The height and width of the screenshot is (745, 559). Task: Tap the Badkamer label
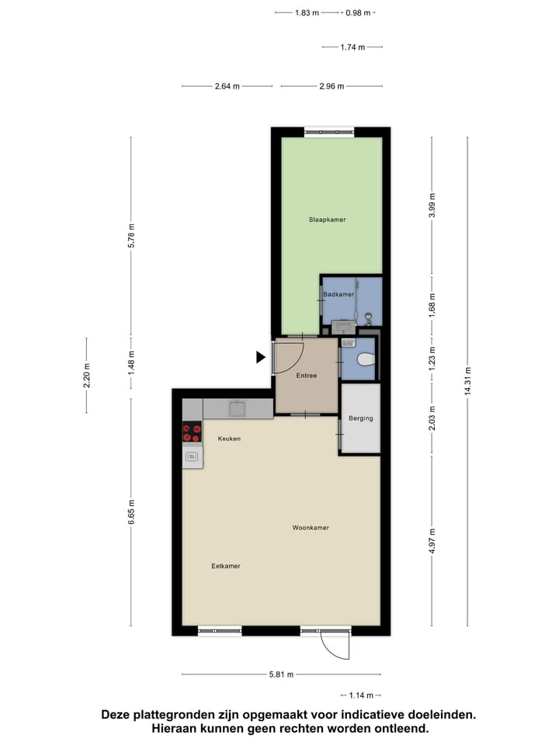pyautogui.click(x=339, y=294)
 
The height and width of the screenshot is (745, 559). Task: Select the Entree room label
pyautogui.click(x=307, y=376)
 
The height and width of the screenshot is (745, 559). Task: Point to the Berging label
pyautogui.click(x=360, y=418)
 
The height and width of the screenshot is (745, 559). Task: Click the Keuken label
pyautogui.click(x=229, y=438)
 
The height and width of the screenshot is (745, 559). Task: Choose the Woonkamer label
pyautogui.click(x=311, y=528)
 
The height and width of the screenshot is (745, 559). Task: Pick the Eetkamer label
pyautogui.click(x=226, y=566)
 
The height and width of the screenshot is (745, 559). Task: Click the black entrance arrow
pyautogui.click(x=261, y=357)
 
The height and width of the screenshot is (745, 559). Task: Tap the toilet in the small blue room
pyautogui.click(x=364, y=359)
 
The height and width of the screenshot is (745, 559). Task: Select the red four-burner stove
pyautogui.click(x=192, y=432)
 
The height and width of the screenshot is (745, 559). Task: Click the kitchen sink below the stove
pyautogui.click(x=192, y=458)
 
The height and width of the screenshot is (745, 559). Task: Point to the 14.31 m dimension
pyautogui.click(x=467, y=381)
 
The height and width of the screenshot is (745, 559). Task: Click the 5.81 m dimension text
pyautogui.click(x=281, y=674)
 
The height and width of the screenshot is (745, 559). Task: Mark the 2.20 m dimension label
pyautogui.click(x=87, y=376)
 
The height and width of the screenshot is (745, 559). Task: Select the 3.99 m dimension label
pyautogui.click(x=432, y=206)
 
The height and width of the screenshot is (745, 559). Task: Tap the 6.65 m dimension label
pyautogui.click(x=130, y=513)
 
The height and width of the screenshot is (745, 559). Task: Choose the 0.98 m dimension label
pyautogui.click(x=358, y=12)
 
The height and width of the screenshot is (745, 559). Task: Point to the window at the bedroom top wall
pyautogui.click(x=330, y=133)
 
